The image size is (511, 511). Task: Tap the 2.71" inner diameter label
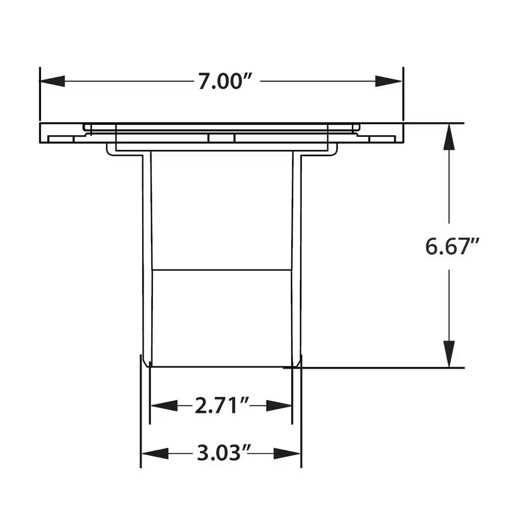221,406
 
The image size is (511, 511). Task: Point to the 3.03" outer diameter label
221,453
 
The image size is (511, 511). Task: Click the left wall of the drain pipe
147,255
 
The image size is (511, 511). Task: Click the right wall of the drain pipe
296,255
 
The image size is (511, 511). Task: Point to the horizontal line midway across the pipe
222,269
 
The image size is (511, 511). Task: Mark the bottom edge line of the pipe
222,366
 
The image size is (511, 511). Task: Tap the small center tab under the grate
221,138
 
